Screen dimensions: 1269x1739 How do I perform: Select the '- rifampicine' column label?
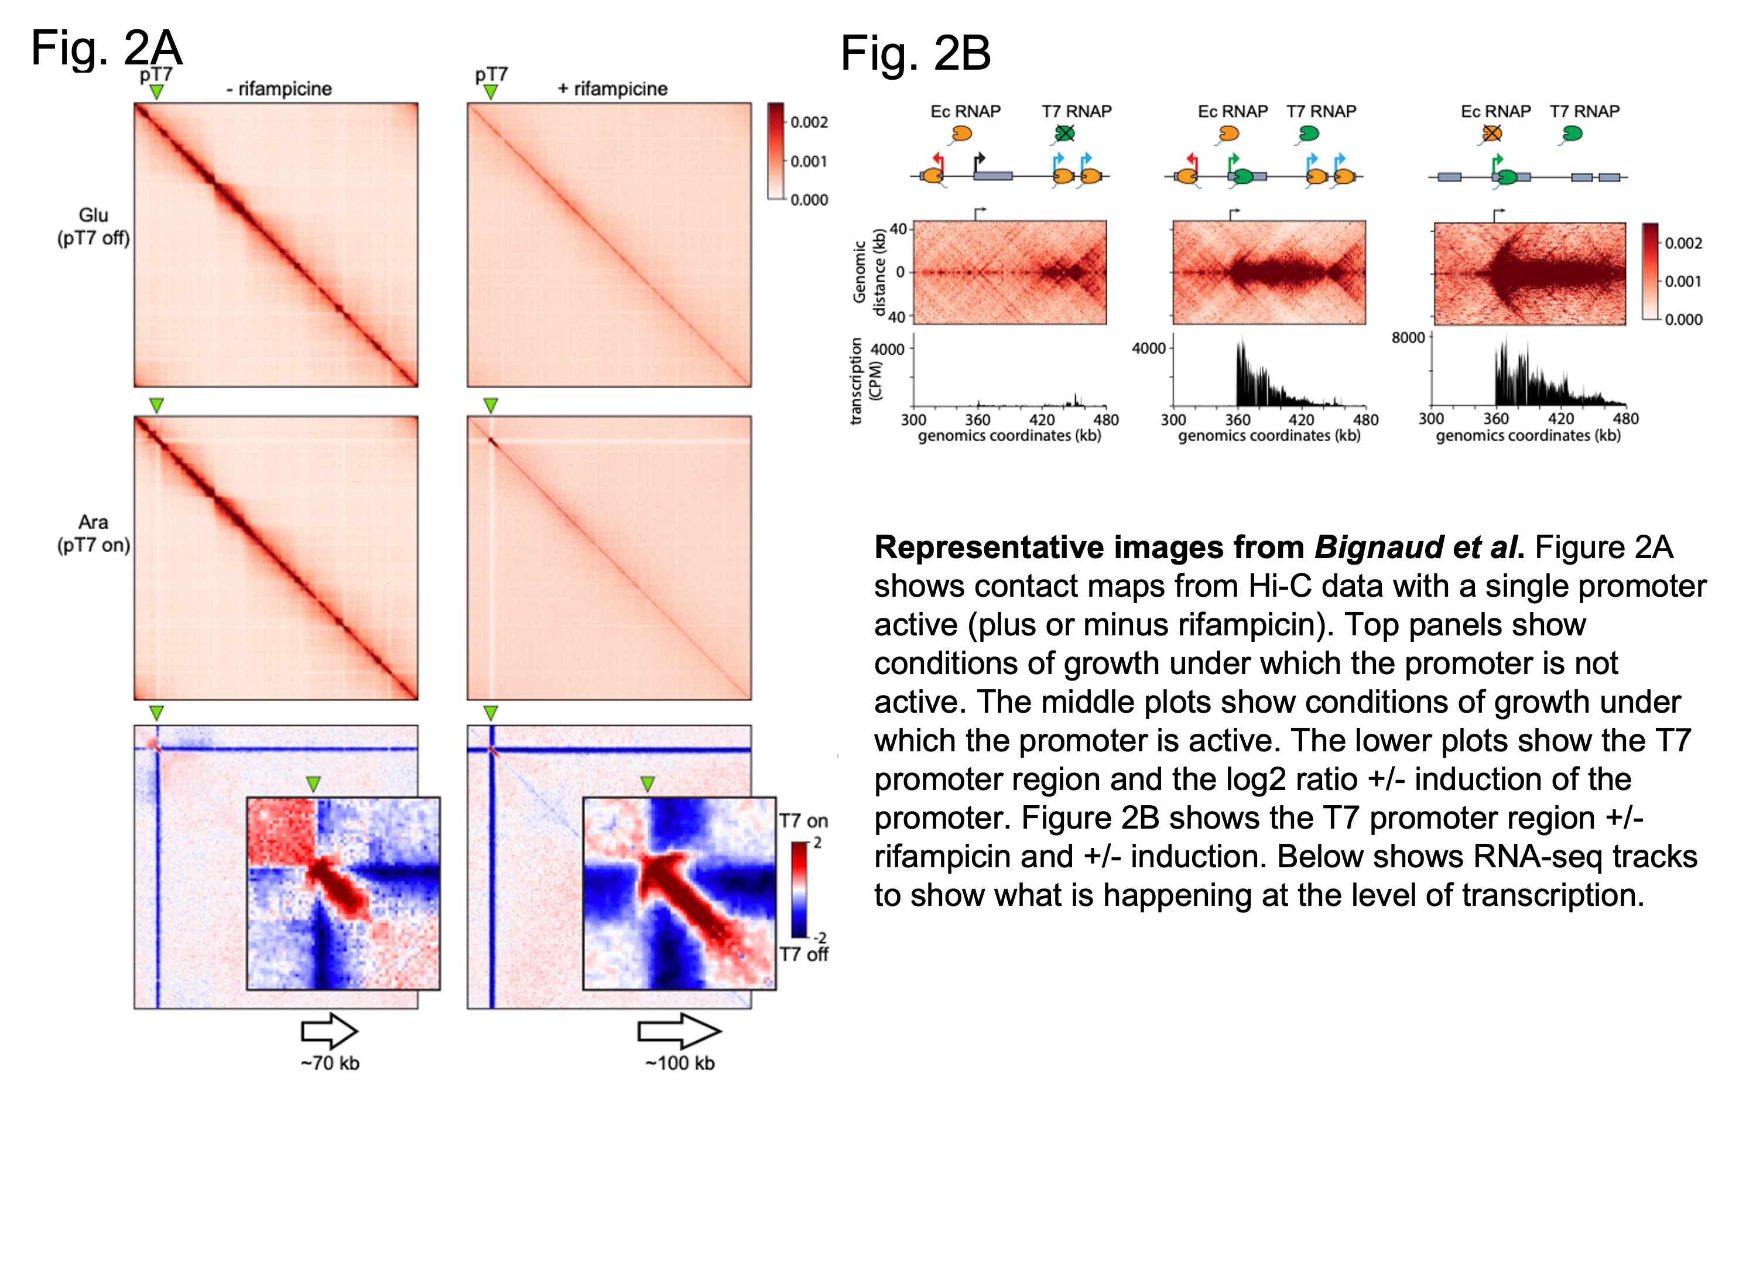[x=279, y=89]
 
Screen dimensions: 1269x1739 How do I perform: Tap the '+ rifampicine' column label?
[x=612, y=89]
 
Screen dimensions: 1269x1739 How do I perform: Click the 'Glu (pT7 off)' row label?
[x=93, y=227]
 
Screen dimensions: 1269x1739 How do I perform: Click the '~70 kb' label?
[x=330, y=1063]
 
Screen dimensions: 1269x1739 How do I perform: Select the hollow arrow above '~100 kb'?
[x=679, y=1031]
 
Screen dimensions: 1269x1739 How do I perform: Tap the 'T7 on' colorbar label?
[x=803, y=820]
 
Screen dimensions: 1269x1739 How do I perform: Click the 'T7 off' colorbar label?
[x=803, y=954]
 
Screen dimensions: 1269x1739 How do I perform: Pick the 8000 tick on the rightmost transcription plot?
[x=1408, y=338]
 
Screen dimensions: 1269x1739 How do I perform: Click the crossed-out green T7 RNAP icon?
[x=1064, y=134]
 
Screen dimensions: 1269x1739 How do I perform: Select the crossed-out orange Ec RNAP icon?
[x=1492, y=134]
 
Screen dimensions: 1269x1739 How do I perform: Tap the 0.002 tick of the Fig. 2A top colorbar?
[x=809, y=122]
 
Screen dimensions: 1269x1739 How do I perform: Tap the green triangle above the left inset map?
[x=313, y=784]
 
